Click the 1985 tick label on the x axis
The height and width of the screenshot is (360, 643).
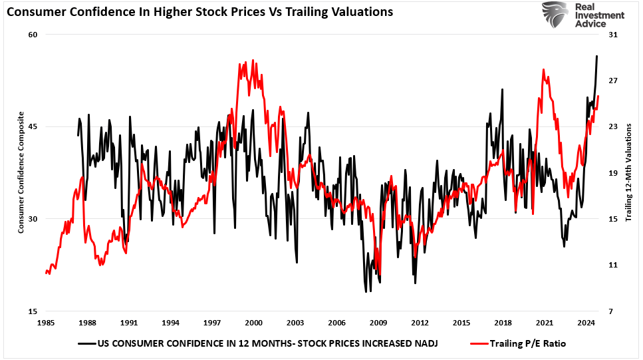point(45,323)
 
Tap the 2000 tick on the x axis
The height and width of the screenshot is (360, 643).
point(253,323)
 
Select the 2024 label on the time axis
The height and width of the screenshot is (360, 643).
point(586,323)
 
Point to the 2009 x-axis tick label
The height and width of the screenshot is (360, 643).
point(378,323)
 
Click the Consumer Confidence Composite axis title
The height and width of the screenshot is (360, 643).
point(21,173)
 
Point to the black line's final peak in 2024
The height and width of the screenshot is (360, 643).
point(596,56)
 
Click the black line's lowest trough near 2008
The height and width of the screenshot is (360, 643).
point(366,291)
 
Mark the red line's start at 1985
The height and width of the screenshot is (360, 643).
point(46,273)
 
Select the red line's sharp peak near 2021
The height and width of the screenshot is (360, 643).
point(544,69)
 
